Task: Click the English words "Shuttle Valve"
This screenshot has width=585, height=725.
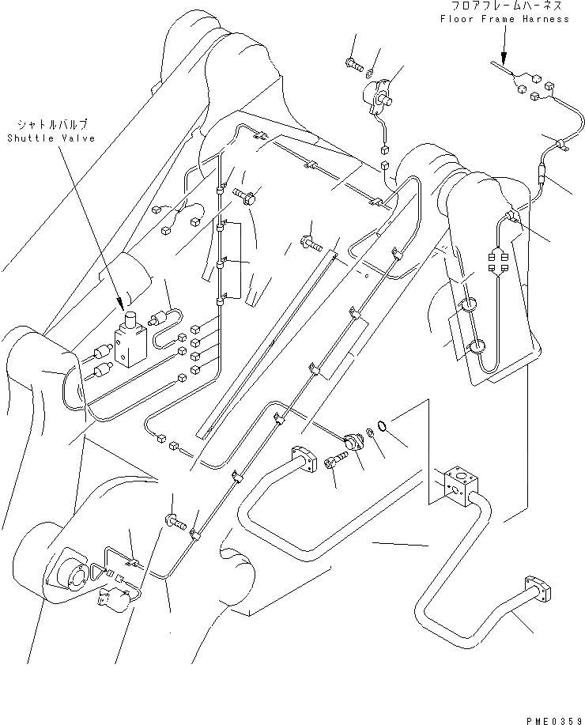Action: click(x=50, y=138)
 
